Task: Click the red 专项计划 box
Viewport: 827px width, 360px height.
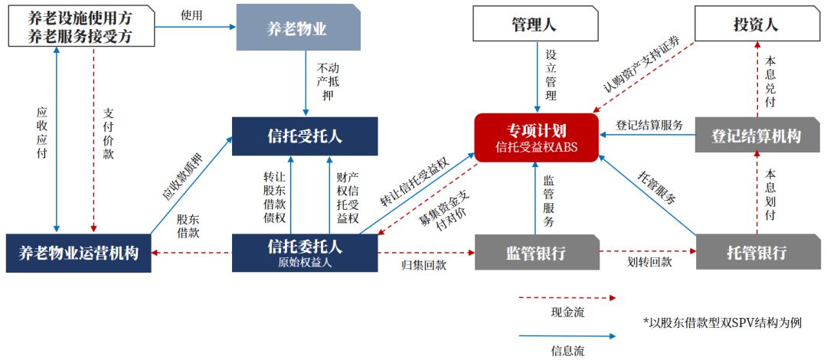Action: click(535, 137)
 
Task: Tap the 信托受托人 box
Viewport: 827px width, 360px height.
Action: click(305, 136)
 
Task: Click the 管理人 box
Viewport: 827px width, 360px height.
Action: click(534, 24)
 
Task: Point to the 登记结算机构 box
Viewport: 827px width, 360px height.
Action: click(756, 136)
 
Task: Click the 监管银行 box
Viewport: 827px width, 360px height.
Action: click(535, 252)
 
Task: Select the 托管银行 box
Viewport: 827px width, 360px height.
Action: click(757, 252)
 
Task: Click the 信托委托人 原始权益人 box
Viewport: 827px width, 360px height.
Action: click(305, 252)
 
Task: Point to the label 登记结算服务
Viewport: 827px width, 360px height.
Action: click(650, 126)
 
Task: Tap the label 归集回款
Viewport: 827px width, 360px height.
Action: click(423, 265)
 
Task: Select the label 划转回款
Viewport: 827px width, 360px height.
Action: click(649, 262)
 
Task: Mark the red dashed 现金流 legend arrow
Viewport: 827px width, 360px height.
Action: click(567, 297)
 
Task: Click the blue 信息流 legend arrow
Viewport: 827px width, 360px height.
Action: click(567, 335)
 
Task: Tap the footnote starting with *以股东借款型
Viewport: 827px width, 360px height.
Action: click(723, 322)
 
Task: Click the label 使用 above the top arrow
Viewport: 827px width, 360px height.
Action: click(191, 15)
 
